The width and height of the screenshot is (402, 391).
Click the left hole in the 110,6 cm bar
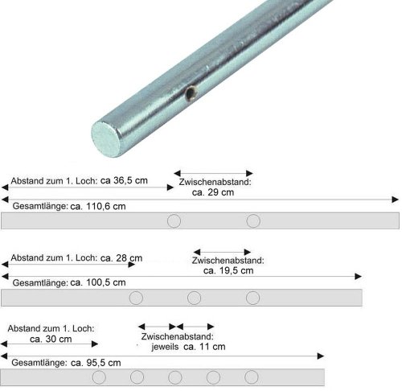(173, 221)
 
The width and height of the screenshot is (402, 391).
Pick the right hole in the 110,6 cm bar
(253, 221)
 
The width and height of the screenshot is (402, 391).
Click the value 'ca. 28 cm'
(121, 258)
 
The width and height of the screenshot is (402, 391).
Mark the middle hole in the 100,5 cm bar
(194, 298)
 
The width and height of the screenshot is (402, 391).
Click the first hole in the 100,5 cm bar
(136, 298)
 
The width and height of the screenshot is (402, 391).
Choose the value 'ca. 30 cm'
(49, 340)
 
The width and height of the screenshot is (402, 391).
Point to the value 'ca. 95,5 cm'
(96, 363)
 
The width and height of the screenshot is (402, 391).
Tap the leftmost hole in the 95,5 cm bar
(99, 377)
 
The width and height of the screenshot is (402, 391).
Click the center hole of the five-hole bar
(174, 377)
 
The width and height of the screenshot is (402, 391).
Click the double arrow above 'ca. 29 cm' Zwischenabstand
(214, 172)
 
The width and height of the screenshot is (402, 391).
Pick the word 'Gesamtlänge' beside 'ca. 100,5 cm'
(39, 283)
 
